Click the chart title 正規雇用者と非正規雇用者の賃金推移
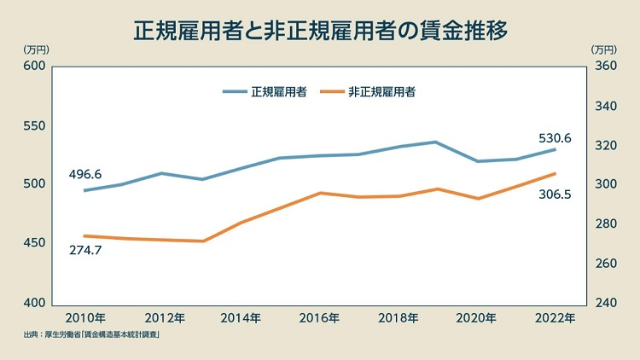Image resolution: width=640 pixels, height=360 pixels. (x=320, y=32)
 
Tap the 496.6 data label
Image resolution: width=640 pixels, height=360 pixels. (x=85, y=174)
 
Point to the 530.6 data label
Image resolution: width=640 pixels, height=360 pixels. (x=555, y=138)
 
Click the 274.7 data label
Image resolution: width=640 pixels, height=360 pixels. (x=85, y=250)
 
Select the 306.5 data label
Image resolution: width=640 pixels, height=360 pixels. (x=555, y=195)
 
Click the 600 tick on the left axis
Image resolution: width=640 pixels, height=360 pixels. (x=33, y=67)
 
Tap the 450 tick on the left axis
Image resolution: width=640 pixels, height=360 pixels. (x=33, y=244)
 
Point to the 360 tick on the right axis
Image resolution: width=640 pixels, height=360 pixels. (x=605, y=67)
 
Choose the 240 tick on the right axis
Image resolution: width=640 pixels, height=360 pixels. (x=605, y=303)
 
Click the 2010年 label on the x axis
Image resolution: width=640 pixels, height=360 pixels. (x=85, y=318)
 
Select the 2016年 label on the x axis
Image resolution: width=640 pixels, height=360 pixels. (x=320, y=318)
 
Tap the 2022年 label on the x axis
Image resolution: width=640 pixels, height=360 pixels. (x=555, y=318)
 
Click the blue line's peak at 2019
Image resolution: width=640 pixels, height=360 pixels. (x=436, y=142)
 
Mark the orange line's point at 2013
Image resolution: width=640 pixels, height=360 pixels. (x=202, y=241)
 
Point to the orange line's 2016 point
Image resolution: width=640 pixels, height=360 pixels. (x=320, y=193)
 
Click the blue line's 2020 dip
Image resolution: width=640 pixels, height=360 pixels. (x=477, y=161)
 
